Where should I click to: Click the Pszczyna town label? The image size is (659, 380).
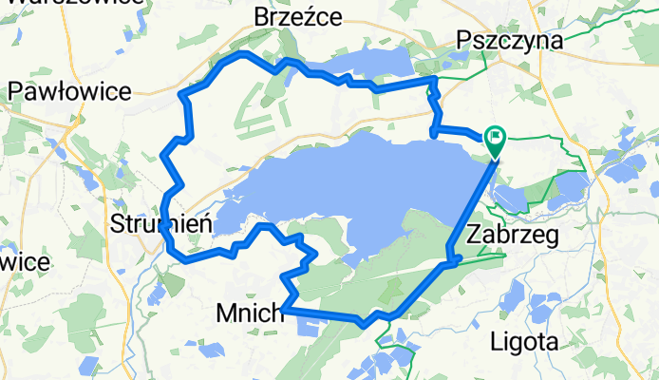pos(509,40)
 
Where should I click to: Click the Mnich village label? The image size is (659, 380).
pos(250,312)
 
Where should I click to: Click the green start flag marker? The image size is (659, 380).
pos(495,141)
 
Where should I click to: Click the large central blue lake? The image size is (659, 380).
pos(380,185)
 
